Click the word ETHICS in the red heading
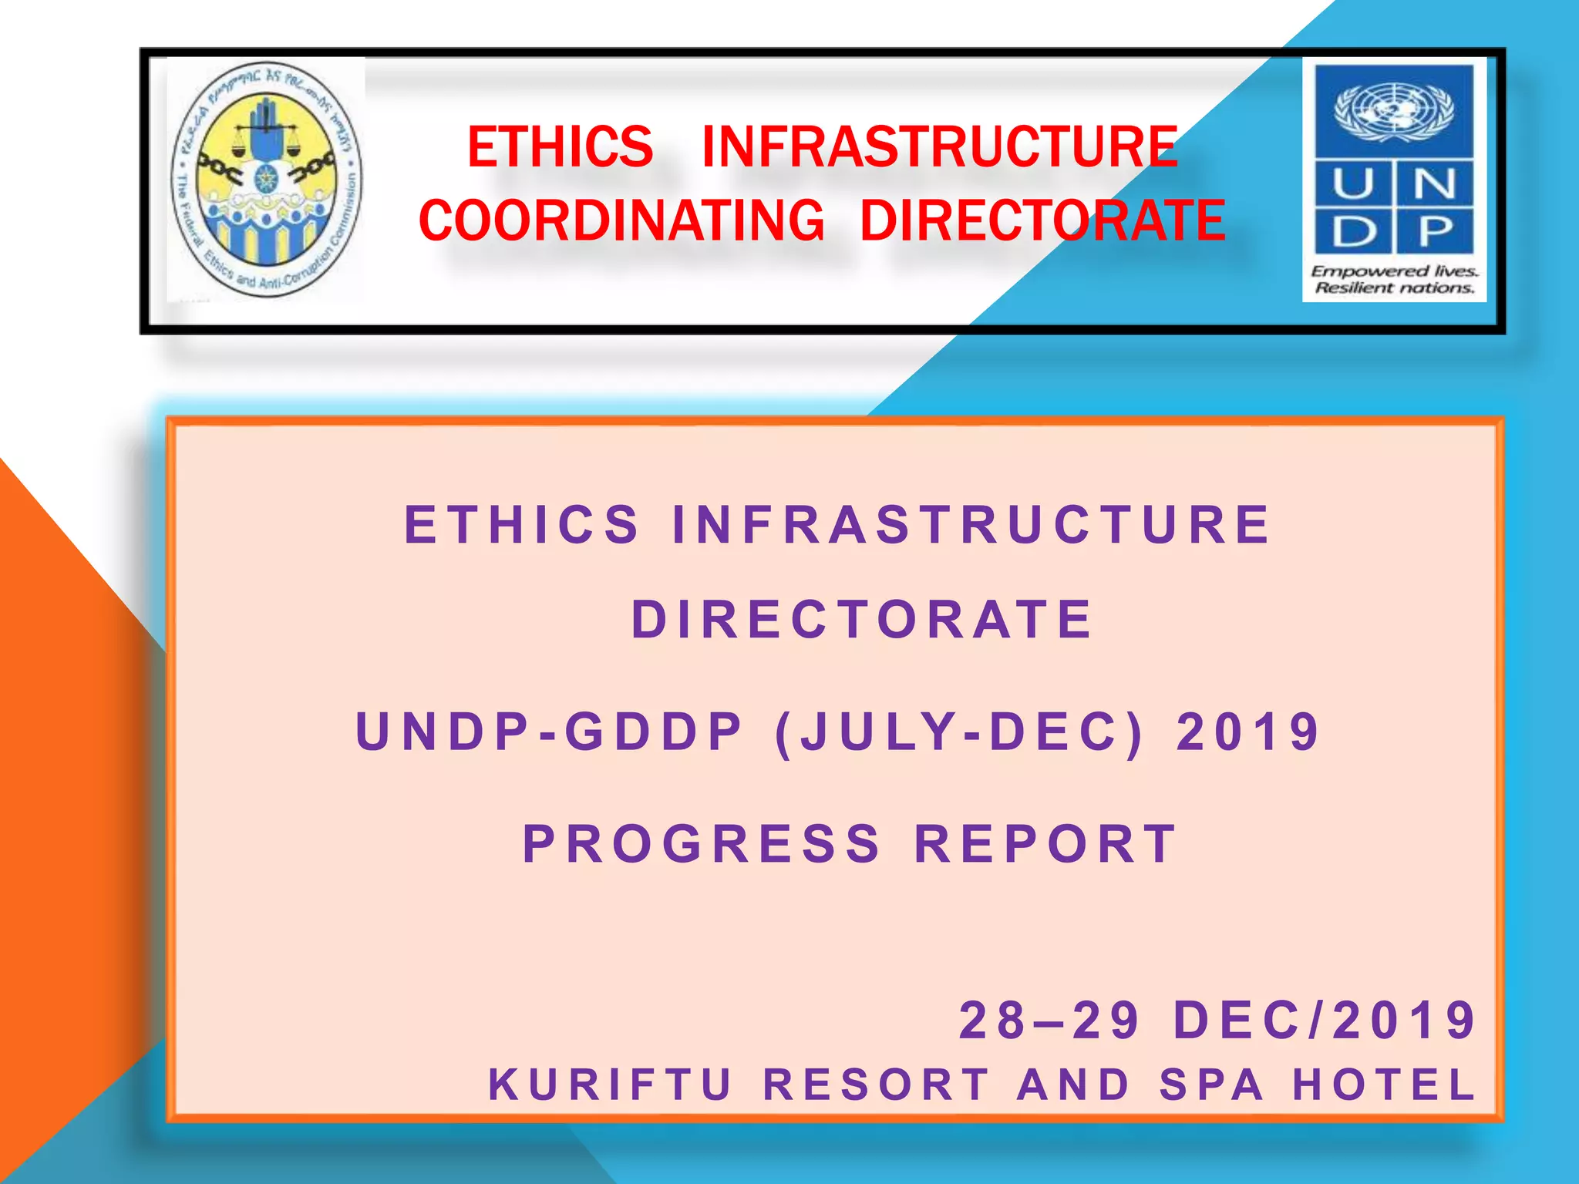click(x=560, y=146)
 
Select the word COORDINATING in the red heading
click(x=621, y=220)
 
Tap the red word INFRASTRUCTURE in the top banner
click(x=940, y=146)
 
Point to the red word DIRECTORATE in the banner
click(x=1042, y=220)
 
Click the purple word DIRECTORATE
click(x=862, y=620)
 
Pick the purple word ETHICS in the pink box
click(x=522, y=525)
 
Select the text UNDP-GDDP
click(x=550, y=732)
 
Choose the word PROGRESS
click(x=702, y=844)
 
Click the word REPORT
click(x=1045, y=844)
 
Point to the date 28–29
click(x=1050, y=1021)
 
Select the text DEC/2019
click(x=1325, y=1021)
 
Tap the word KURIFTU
click(x=611, y=1085)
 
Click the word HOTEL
click(x=1384, y=1085)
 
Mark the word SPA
click(x=1212, y=1085)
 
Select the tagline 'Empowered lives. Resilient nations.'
click(x=1394, y=280)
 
